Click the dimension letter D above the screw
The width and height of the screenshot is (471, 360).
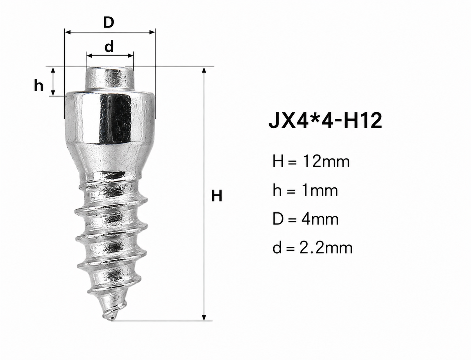[x=109, y=22]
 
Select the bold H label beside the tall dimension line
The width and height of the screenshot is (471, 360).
[x=216, y=196]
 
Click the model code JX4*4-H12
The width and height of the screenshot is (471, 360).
[x=325, y=120]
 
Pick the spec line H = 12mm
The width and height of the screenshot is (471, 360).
[x=311, y=161]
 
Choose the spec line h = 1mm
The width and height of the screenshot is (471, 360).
[x=305, y=190]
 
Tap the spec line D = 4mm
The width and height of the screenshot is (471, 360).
[x=305, y=219]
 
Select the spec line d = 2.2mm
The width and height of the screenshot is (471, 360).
[x=312, y=248]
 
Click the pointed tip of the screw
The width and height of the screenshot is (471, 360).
[x=112, y=320]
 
